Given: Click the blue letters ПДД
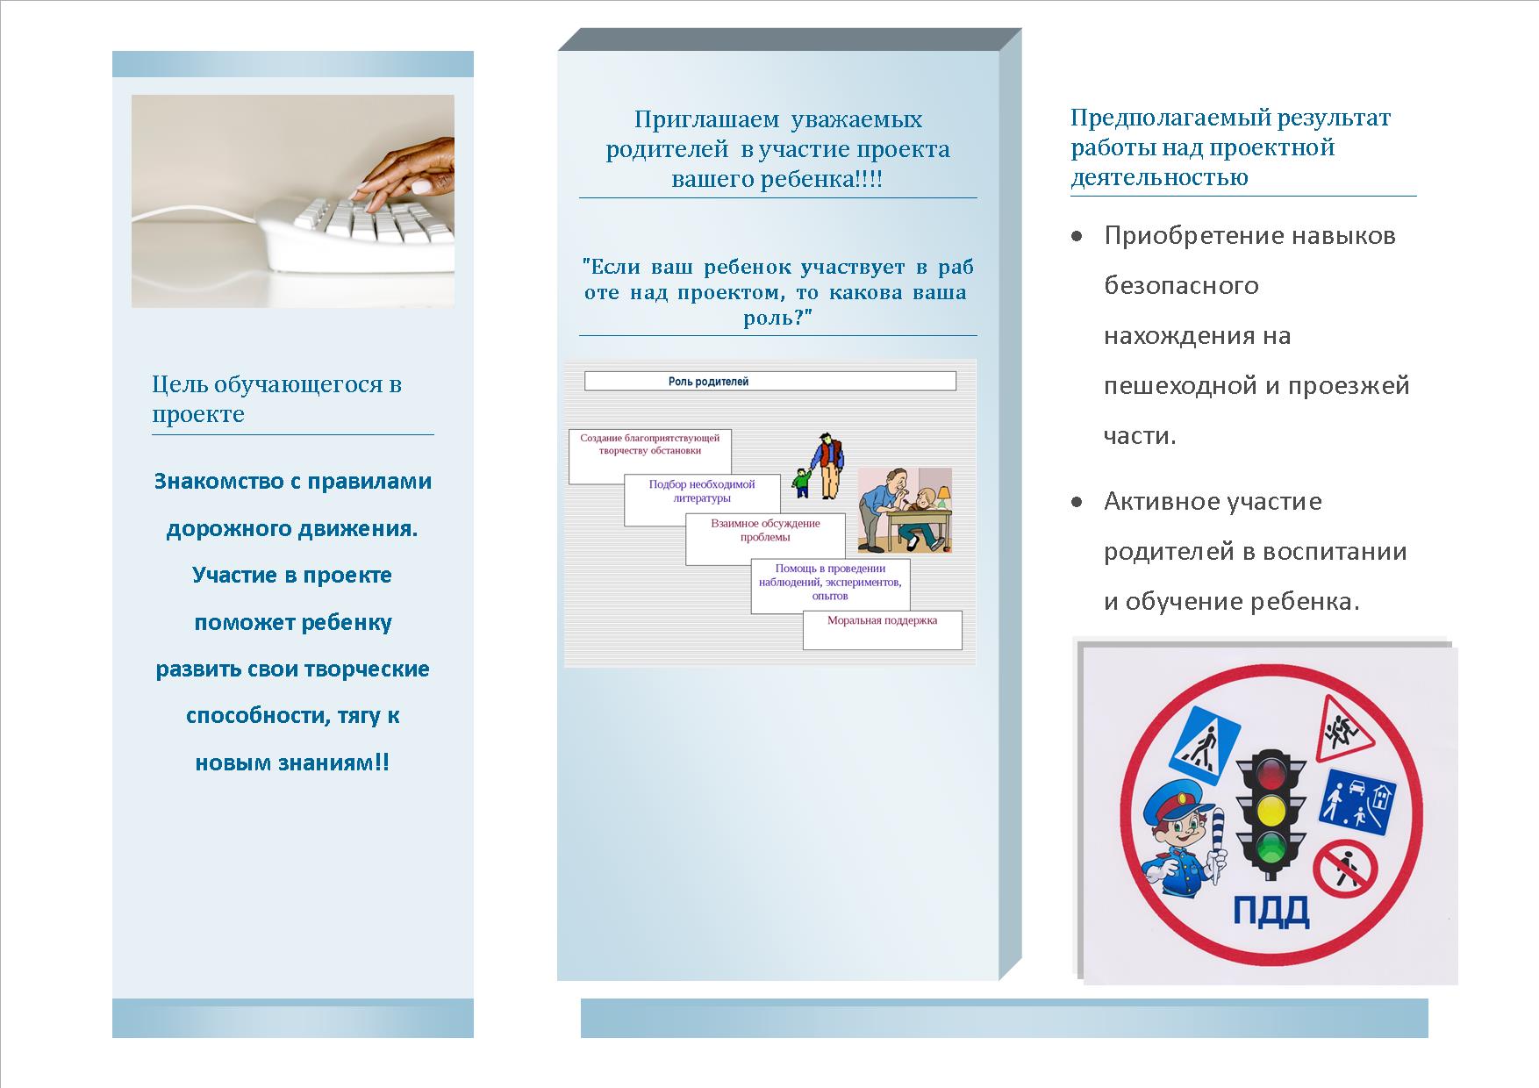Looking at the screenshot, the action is coord(1271,912).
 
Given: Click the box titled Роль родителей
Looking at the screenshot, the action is coord(769,381).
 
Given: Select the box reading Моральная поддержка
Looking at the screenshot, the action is coord(883,629).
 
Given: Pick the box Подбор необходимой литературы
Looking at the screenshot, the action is coord(703,499).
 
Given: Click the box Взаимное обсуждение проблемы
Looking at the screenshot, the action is coord(765,539).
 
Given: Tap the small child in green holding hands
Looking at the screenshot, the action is coord(801,482).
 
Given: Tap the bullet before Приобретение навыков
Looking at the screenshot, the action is coord(1077,236).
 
